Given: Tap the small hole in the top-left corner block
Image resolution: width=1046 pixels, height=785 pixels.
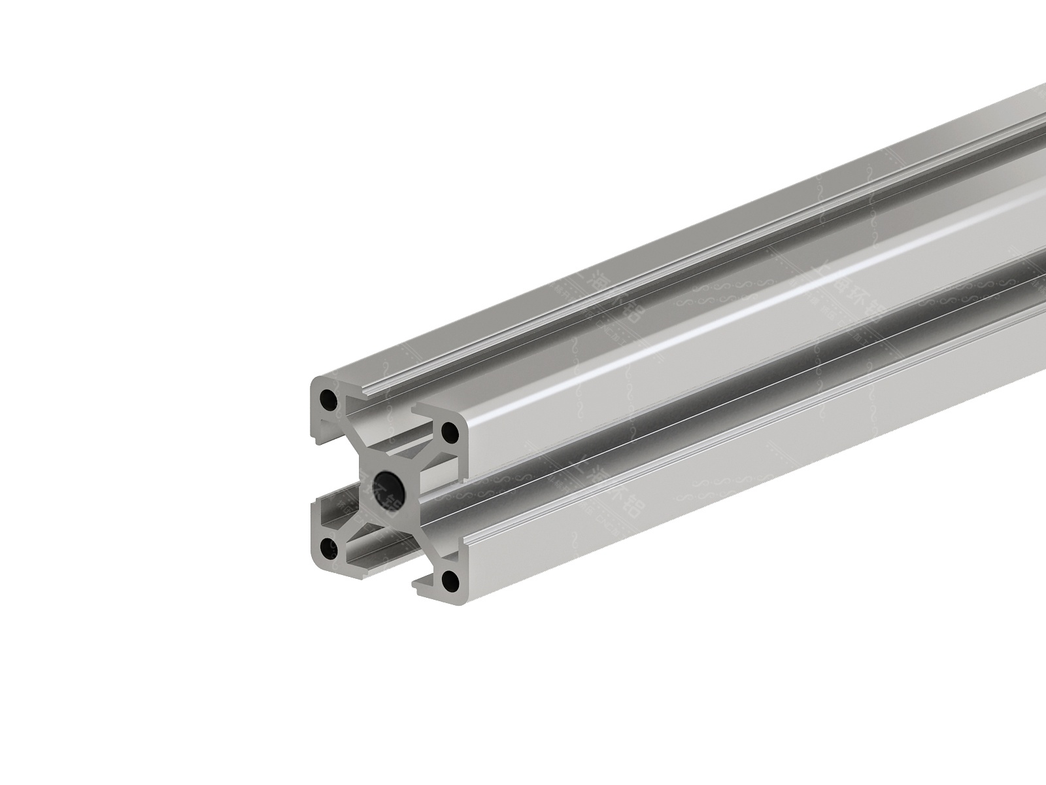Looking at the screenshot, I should [x=326, y=398].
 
